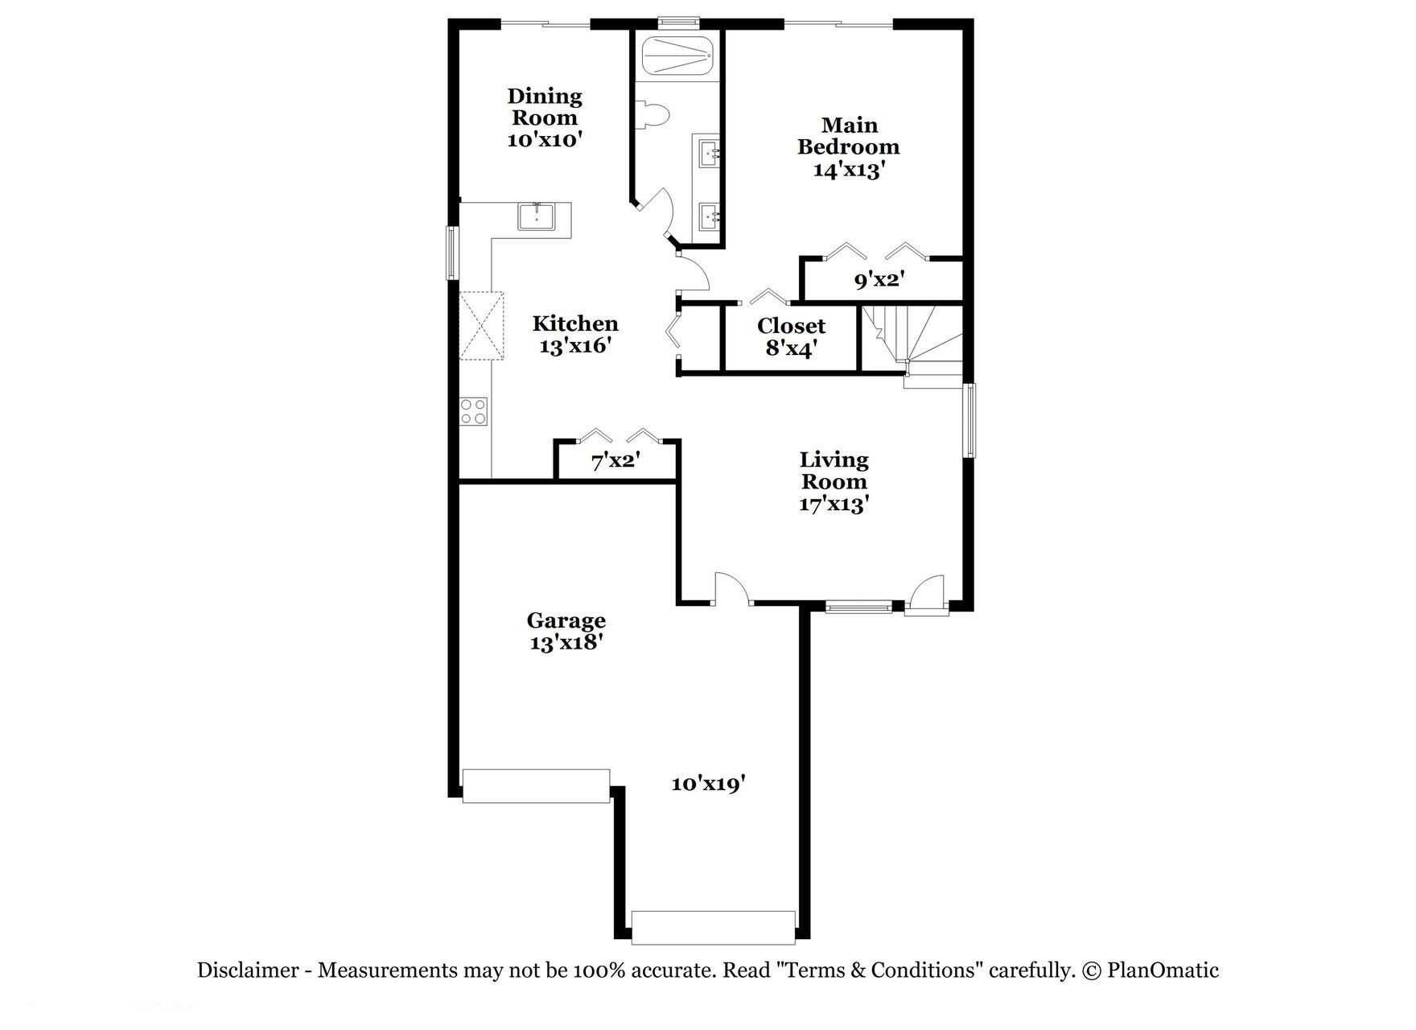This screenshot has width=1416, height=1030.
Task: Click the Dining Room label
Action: pyautogui.click(x=545, y=107)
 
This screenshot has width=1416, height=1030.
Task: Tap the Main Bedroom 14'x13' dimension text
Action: pyautogui.click(x=849, y=170)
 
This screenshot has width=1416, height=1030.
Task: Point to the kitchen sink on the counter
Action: pyautogui.click(x=536, y=217)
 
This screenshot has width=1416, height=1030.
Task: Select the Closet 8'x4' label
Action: pyautogui.click(x=792, y=336)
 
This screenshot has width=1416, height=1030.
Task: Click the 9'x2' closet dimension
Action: pyautogui.click(x=880, y=281)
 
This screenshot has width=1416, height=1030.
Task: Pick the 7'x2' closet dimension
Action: pyautogui.click(x=615, y=462)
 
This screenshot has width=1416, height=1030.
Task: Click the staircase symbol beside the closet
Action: pyautogui.click(x=911, y=338)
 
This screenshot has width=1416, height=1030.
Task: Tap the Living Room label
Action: pyautogui.click(x=834, y=471)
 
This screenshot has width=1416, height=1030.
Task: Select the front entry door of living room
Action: pyautogui.click(x=928, y=597)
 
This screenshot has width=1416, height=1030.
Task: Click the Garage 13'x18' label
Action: pyautogui.click(x=566, y=632)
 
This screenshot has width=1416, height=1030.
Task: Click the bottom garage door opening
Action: pyautogui.click(x=713, y=927)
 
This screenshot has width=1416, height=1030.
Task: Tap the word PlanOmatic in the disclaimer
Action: pyautogui.click(x=1163, y=970)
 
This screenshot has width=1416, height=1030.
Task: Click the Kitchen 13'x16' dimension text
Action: pyautogui.click(x=575, y=347)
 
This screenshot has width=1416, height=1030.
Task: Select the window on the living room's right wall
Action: pyautogui.click(x=971, y=421)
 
